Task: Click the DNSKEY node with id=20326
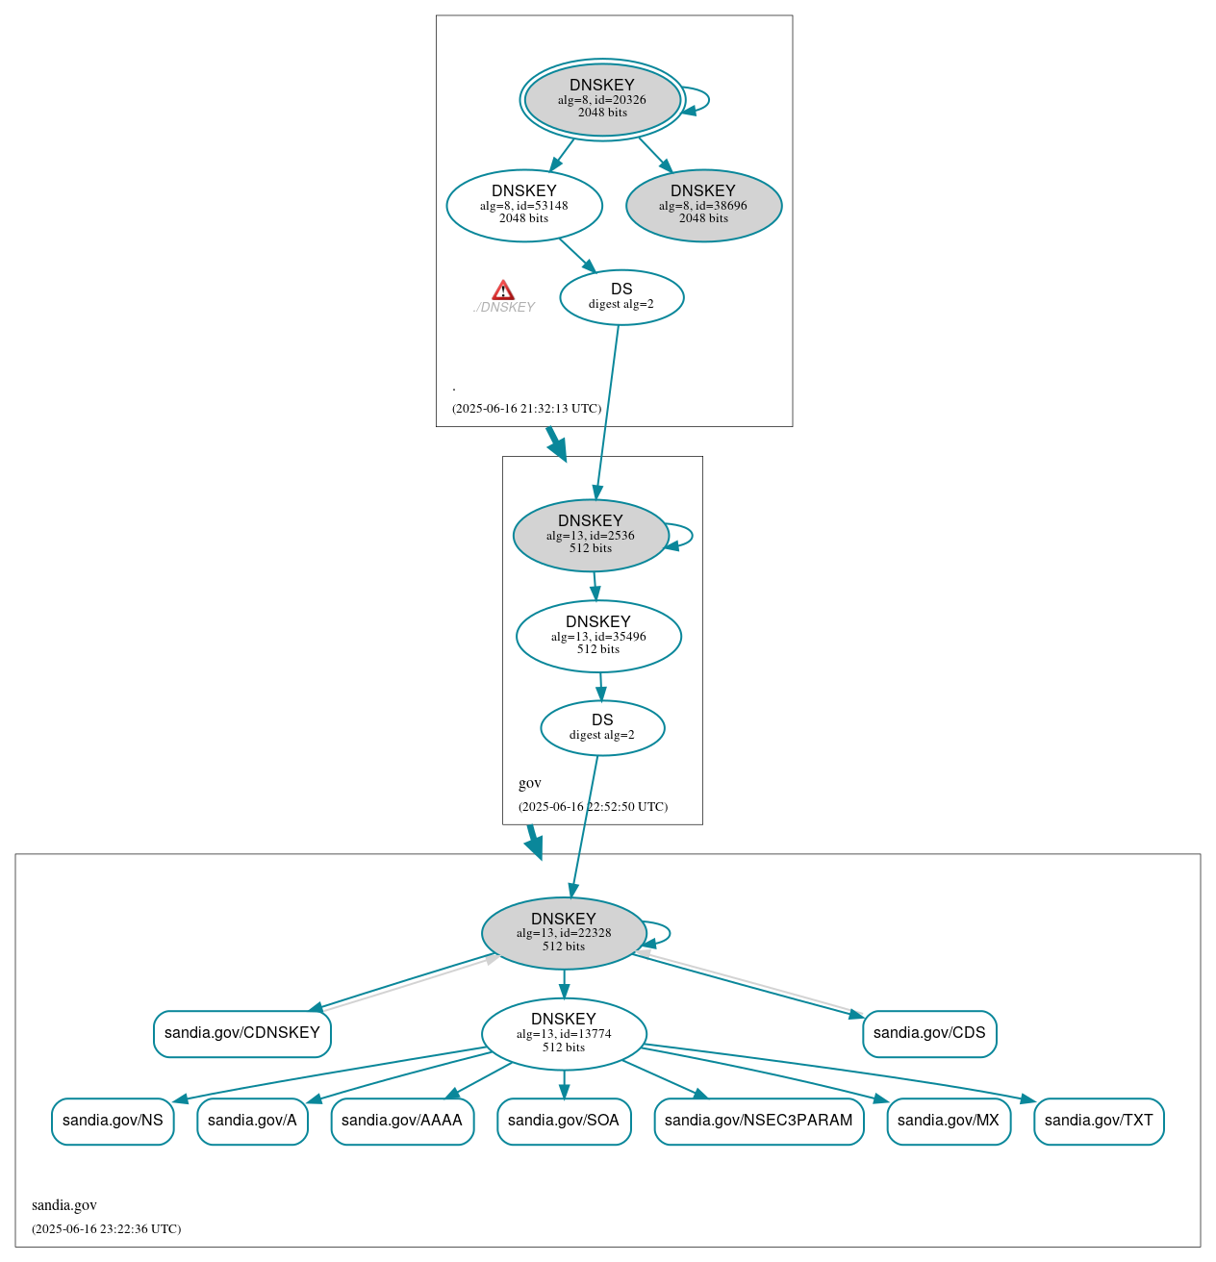pyautogui.click(x=602, y=99)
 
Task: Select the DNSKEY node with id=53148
pyautogui.click(x=524, y=205)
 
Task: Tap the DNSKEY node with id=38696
pyautogui.click(x=703, y=205)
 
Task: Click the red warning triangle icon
pyautogui.click(x=503, y=290)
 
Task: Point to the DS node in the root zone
pyautogui.click(x=621, y=297)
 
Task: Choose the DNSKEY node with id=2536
pyautogui.click(x=591, y=535)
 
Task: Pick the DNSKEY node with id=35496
pyautogui.click(x=598, y=636)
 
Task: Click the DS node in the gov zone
pyautogui.click(x=602, y=728)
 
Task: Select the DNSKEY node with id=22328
pyautogui.click(x=564, y=933)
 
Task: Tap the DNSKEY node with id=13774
pyautogui.click(x=564, y=1033)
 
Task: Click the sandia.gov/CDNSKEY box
pyautogui.click(x=242, y=1033)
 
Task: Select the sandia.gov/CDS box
pyautogui.click(x=929, y=1033)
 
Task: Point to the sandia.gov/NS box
pyautogui.click(x=113, y=1121)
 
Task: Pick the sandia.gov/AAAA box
pyautogui.click(x=402, y=1121)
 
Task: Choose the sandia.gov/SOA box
pyautogui.click(x=564, y=1121)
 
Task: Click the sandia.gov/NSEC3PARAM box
pyautogui.click(x=759, y=1121)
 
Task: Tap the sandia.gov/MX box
pyautogui.click(x=949, y=1121)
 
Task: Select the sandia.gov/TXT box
pyautogui.click(x=1099, y=1121)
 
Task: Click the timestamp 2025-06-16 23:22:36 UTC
pyautogui.click(x=106, y=1229)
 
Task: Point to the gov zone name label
pyautogui.click(x=530, y=783)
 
